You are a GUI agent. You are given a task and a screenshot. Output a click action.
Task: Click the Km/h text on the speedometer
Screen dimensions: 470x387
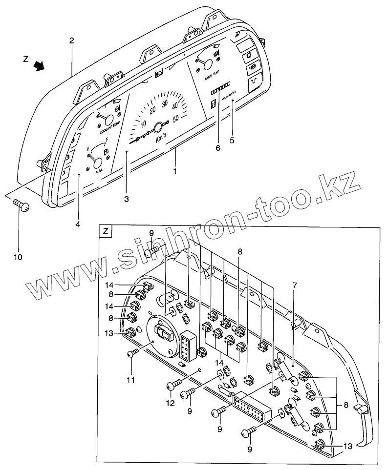[x=161, y=139]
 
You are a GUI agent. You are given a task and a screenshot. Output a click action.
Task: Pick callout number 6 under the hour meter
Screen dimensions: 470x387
[x=218, y=147]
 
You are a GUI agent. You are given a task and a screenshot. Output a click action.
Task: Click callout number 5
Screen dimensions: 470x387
[x=232, y=141]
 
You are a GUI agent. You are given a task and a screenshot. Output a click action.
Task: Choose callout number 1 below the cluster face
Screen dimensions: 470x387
[x=174, y=171]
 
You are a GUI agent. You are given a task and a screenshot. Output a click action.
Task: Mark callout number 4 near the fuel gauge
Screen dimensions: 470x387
[x=77, y=224]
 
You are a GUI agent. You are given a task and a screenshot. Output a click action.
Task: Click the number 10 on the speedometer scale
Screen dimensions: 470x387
[x=145, y=125]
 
